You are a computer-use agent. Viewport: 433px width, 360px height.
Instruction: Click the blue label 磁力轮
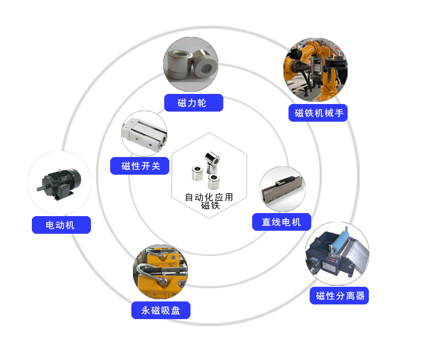pyautogui.click(x=194, y=103)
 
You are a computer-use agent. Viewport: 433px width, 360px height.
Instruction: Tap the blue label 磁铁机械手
pyautogui.click(x=318, y=113)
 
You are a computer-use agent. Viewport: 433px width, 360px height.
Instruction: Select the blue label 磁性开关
pyautogui.click(x=140, y=166)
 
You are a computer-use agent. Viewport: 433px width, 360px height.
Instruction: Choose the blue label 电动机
pyautogui.click(x=61, y=225)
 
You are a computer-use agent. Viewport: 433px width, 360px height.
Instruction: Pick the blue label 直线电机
pyautogui.click(x=281, y=222)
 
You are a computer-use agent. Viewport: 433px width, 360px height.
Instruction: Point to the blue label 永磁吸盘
pyautogui.click(x=161, y=311)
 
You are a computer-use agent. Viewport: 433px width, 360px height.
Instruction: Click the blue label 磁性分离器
pyautogui.click(x=340, y=296)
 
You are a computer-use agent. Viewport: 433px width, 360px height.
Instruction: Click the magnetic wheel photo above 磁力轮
pyautogui.click(x=191, y=64)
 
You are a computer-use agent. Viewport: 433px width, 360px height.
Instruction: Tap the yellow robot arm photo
pyautogui.click(x=316, y=70)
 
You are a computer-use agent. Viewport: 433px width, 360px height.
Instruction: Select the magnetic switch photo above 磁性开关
pyautogui.click(x=145, y=133)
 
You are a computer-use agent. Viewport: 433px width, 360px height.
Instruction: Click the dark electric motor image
pyautogui.click(x=59, y=184)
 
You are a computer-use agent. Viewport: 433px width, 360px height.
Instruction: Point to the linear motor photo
pyautogui.click(x=283, y=189)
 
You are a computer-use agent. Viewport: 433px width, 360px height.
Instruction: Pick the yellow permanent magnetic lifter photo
pyautogui.click(x=161, y=272)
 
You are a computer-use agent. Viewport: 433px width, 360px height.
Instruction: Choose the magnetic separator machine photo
pyautogui.click(x=338, y=254)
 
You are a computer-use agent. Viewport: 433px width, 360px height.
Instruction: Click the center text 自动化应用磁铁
pyautogui.click(x=209, y=201)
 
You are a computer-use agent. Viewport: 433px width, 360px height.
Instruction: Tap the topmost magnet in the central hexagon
pyautogui.click(x=212, y=162)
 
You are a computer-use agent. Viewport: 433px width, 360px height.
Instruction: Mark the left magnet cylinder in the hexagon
pyautogui.click(x=197, y=173)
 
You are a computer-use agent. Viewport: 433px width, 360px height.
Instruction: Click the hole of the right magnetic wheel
pyautogui.click(x=206, y=67)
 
